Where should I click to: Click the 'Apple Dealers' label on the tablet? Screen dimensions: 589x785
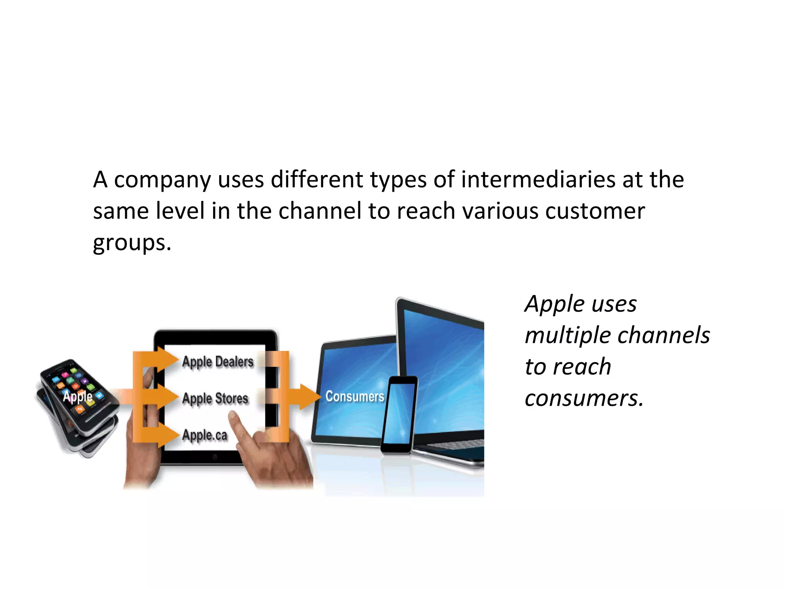[x=218, y=362]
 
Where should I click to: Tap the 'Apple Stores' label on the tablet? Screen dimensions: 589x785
[x=215, y=398]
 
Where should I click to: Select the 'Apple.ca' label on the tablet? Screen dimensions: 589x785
[x=205, y=435]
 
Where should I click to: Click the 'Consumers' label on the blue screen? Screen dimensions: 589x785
[x=355, y=397]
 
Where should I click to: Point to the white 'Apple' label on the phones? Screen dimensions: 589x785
[x=77, y=396]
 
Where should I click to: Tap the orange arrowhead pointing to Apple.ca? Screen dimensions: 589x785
[x=168, y=435]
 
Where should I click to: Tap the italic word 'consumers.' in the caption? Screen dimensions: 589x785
[x=584, y=398]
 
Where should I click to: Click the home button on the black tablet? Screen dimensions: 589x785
[x=215, y=457]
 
